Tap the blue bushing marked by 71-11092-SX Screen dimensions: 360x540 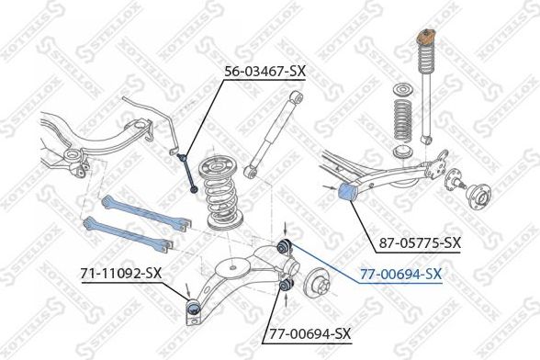pyautogui.click(x=192, y=305)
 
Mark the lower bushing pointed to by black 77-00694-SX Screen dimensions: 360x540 pyautogui.click(x=285, y=291)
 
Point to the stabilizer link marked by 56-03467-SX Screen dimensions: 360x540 pyautogui.click(x=187, y=170)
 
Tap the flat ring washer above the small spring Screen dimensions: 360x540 pyautogui.click(x=401, y=90)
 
